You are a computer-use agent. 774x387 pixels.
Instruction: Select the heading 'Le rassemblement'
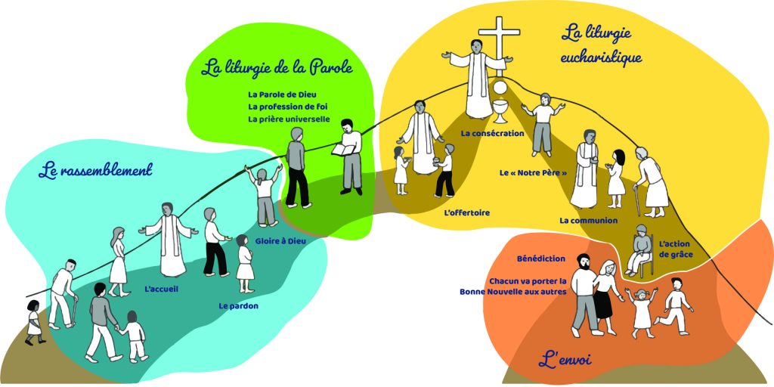[x=95, y=170]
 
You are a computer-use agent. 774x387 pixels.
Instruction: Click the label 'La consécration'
[x=493, y=134]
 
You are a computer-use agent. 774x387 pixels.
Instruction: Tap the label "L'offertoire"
[x=466, y=212]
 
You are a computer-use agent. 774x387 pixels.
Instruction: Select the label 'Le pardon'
[x=238, y=306]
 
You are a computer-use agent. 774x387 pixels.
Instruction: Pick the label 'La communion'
[x=588, y=221]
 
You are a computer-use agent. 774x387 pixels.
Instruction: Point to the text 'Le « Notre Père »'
[x=533, y=172]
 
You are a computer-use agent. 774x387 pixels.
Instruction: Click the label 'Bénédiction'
[x=541, y=259]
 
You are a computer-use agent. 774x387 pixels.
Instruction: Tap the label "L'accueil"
[x=160, y=288]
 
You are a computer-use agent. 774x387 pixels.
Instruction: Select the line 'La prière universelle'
[x=289, y=119]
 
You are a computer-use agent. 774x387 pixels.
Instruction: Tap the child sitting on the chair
[x=639, y=249]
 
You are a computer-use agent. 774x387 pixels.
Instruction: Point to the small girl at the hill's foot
[x=33, y=322]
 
